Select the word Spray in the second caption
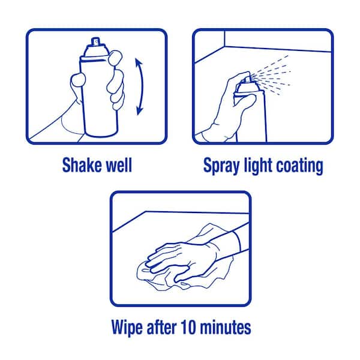(x=221, y=166)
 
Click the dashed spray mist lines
(x=272, y=74)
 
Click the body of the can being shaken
(x=99, y=97)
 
